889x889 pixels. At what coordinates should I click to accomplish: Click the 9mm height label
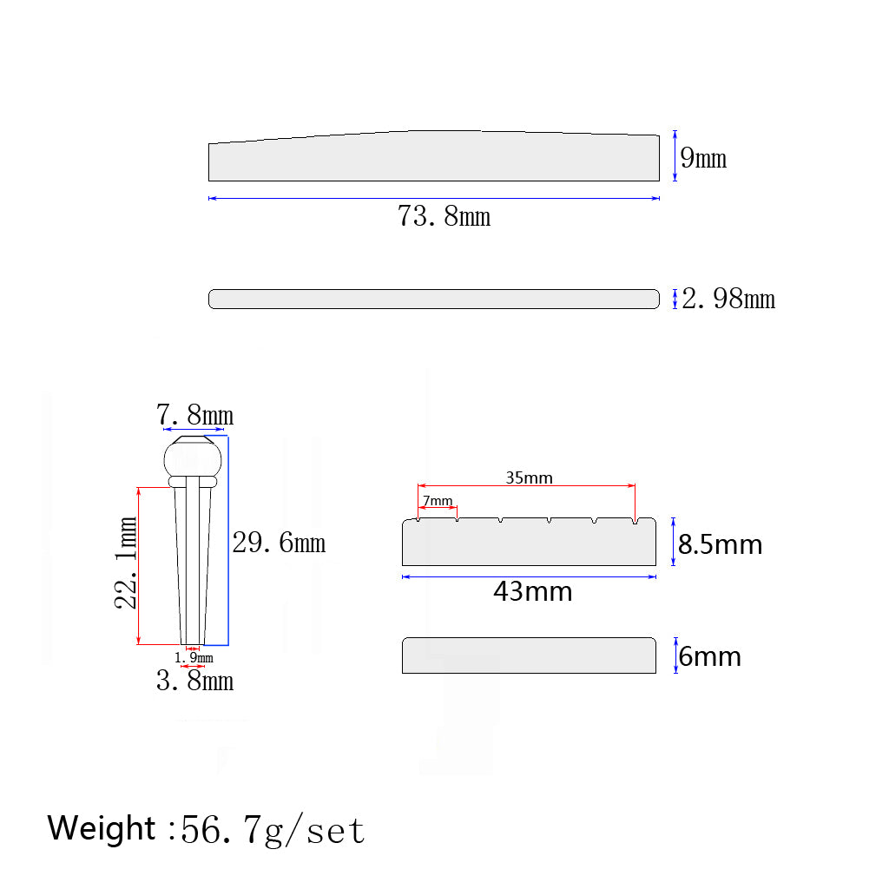click(703, 158)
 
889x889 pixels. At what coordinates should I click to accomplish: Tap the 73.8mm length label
click(444, 216)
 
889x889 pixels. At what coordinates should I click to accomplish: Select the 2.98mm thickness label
click(728, 299)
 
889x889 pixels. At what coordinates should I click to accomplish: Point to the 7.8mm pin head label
click(194, 414)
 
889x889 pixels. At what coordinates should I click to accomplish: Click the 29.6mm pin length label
click(279, 543)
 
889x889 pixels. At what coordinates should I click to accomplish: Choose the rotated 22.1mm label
click(126, 563)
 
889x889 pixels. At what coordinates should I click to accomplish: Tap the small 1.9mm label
click(194, 658)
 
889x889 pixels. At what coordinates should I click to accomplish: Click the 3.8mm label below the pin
click(194, 681)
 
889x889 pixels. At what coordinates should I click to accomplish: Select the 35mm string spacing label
click(529, 478)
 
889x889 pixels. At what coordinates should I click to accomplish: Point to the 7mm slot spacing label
click(438, 501)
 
